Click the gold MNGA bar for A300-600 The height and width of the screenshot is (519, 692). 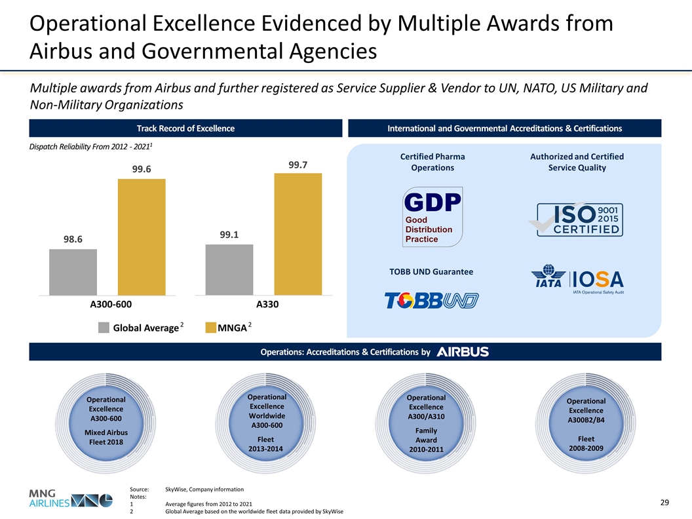coord(142,237)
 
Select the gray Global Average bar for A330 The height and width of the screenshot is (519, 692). coord(229,269)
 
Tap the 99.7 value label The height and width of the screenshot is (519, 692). coord(298,164)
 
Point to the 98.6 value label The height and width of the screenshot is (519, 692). coord(73,240)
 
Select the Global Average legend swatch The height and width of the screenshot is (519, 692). coord(104,328)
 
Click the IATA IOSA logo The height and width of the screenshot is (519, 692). coord(577,280)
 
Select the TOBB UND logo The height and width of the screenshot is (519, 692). coord(431,301)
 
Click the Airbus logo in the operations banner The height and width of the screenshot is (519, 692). coord(463,352)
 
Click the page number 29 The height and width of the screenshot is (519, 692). coord(664,502)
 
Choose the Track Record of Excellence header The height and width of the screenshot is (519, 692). coord(185,128)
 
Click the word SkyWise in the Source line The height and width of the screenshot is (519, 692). coord(177,489)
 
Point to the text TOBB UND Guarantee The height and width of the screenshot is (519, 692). coord(432,271)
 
